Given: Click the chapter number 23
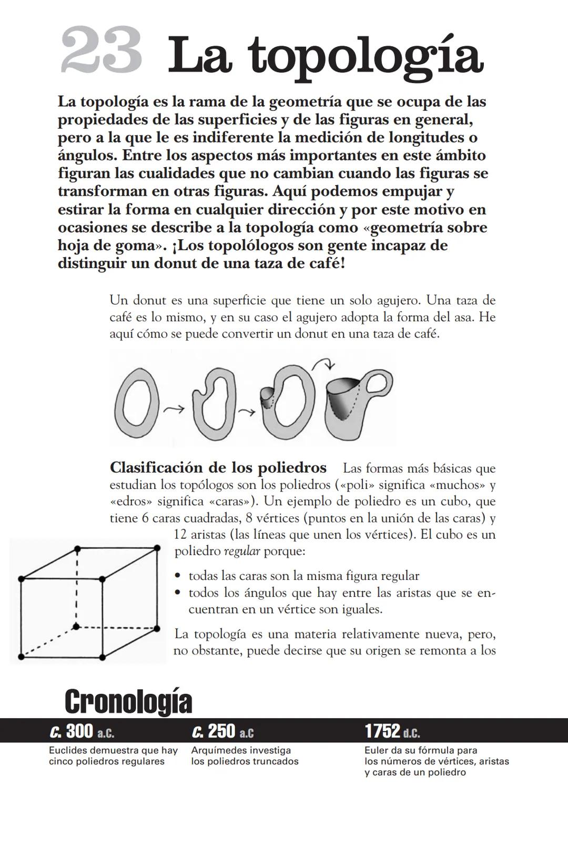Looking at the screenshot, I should [101, 52].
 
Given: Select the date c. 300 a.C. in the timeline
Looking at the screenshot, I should [82, 731].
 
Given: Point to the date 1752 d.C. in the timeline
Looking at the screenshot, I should [392, 731].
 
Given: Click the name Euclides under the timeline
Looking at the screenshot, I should [68, 751].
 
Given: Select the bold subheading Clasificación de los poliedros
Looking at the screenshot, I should [218, 467].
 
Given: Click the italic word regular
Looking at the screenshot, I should [241, 552].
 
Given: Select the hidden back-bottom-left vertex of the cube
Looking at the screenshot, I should [77, 626].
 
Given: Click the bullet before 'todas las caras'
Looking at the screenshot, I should [179, 576].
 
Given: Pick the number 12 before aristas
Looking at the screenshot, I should [180, 535].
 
